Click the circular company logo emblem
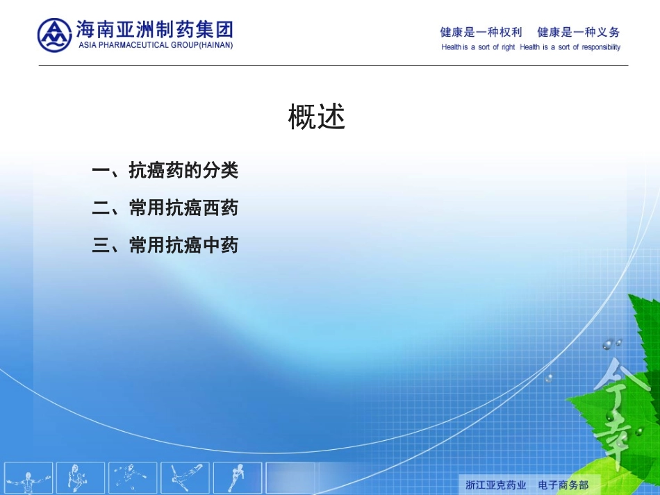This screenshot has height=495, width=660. (x=54, y=35)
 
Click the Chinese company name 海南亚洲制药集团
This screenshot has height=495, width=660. (x=154, y=30)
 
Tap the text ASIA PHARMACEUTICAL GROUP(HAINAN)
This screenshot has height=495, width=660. (x=156, y=45)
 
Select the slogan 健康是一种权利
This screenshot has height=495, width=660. (x=481, y=32)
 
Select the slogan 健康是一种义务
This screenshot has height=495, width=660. (x=578, y=32)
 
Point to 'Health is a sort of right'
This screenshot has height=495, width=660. (x=478, y=47)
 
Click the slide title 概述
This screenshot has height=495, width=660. (x=317, y=117)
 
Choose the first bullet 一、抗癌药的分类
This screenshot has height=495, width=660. (x=165, y=170)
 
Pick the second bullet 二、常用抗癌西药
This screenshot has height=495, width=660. (x=165, y=208)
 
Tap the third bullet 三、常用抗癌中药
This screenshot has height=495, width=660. (x=165, y=245)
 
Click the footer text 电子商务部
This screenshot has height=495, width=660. (x=563, y=484)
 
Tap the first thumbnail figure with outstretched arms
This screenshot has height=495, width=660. (x=29, y=478)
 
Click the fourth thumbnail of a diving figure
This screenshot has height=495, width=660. (x=185, y=478)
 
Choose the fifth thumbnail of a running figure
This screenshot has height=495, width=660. (x=236, y=478)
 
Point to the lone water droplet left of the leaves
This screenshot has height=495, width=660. (x=549, y=378)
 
